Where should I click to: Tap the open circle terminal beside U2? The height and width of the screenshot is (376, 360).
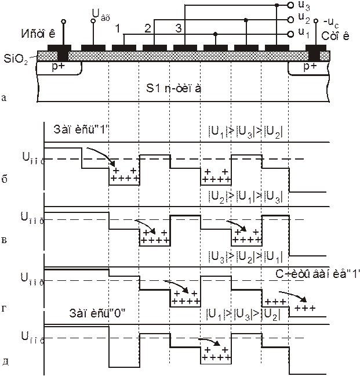[x=292, y=19]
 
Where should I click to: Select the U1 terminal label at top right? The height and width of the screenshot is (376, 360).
[x=302, y=33]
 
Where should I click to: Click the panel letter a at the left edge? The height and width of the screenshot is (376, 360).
[x=5, y=99]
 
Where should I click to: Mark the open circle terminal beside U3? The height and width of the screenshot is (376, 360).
[x=292, y=6]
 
